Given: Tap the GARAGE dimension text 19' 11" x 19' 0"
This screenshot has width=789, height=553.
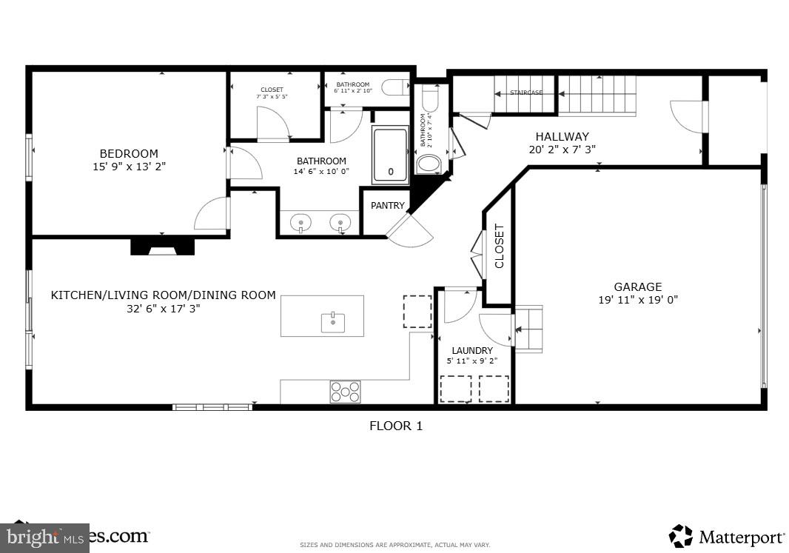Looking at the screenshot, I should click(x=638, y=300).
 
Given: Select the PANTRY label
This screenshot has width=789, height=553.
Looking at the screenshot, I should click(x=388, y=206).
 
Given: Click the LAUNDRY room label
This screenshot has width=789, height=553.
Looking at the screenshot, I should click(x=472, y=350).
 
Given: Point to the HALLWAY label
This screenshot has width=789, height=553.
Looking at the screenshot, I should click(x=562, y=136).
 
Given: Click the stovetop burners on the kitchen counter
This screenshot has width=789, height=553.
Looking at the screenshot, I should click(x=345, y=392).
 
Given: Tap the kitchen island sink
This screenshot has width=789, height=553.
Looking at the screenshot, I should click(x=333, y=323).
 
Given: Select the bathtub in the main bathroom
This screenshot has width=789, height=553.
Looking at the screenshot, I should click(x=390, y=153).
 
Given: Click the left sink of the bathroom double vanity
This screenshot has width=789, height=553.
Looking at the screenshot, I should click(x=301, y=221).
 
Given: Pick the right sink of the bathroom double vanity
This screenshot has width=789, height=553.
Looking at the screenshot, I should click(x=340, y=221).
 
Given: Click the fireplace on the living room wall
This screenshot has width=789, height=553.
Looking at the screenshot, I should click(x=162, y=247).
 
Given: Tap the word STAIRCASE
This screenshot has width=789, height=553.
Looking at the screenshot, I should click(x=526, y=93).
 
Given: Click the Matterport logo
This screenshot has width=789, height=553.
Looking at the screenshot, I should click(x=727, y=536).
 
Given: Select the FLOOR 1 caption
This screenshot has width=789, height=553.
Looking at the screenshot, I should click(x=396, y=426).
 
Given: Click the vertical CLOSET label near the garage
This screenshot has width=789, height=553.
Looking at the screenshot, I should click(x=499, y=246).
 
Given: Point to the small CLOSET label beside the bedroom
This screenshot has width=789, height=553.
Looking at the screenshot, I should click(x=272, y=90).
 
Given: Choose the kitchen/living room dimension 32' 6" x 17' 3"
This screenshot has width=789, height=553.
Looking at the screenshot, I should click(x=164, y=309).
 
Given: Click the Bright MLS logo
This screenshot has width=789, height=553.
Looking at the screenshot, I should click(x=44, y=536).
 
